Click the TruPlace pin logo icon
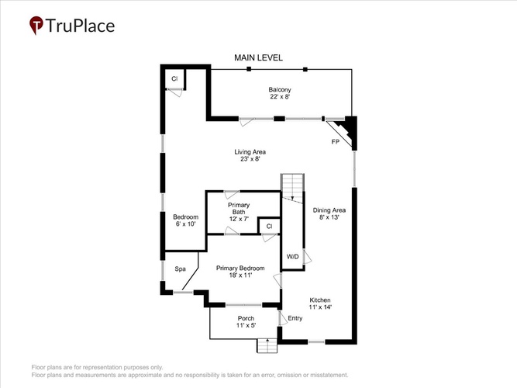point(36,25)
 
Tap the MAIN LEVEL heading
point(259,57)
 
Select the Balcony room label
point(280,89)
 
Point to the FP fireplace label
point(336,142)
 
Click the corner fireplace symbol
point(345,130)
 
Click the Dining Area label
point(329,210)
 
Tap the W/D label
point(292,257)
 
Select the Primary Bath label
point(239,209)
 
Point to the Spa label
point(180,269)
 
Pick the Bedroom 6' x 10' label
point(185,220)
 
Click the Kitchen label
point(320,300)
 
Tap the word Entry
point(295,318)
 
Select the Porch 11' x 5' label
point(246,322)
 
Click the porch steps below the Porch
point(267,346)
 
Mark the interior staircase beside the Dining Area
point(292,189)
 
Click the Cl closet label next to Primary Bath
point(270,226)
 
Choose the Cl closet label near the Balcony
point(174,78)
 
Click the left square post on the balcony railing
point(249,69)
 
